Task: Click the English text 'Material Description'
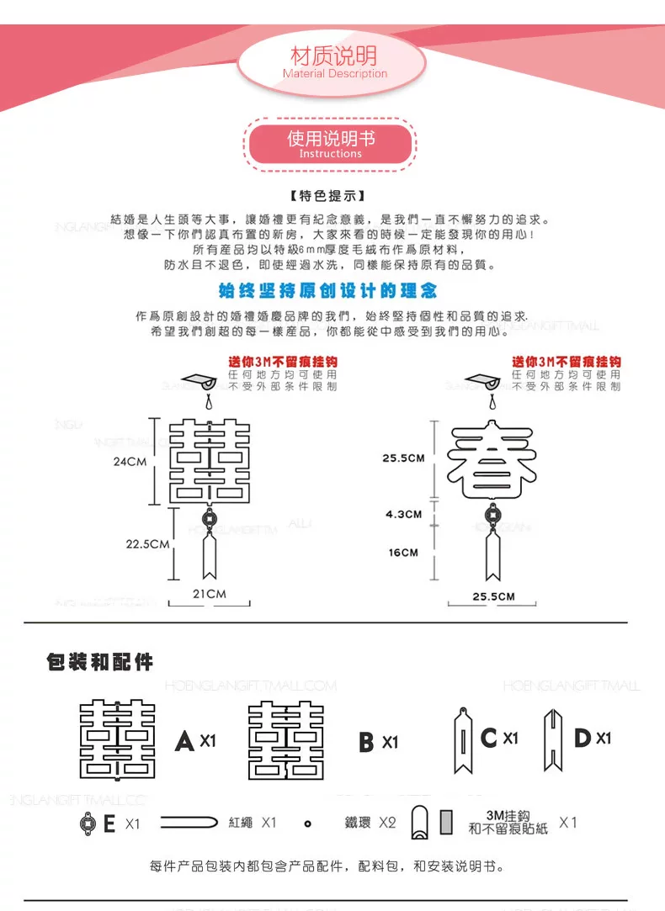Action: tap(335, 74)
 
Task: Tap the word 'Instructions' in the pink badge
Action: tap(330, 154)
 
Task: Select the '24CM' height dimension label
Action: tap(130, 462)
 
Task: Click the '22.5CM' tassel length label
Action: tap(148, 544)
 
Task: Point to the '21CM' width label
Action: tap(210, 594)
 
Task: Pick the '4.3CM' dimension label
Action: tap(403, 514)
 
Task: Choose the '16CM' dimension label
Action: tap(403, 553)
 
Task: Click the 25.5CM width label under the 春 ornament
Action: tap(492, 596)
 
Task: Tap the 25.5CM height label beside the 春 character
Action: tap(403, 458)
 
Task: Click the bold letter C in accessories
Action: tap(489, 739)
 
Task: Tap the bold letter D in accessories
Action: tap(583, 739)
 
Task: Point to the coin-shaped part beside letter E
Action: tap(87, 823)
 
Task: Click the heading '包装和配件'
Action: tap(99, 662)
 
